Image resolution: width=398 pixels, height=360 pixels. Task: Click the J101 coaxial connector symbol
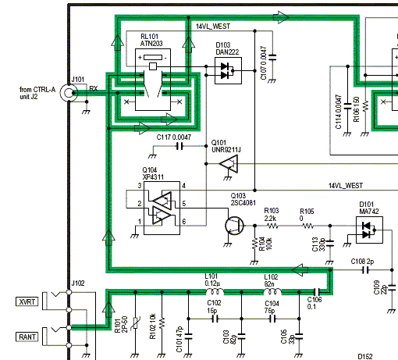coord(70,93)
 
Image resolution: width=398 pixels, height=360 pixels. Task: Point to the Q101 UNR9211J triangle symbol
coord(229,164)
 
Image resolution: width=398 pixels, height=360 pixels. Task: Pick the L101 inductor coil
coord(213,293)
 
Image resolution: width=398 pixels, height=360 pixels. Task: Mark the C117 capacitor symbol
coord(179,145)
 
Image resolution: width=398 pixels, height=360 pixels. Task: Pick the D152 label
coord(364,355)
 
